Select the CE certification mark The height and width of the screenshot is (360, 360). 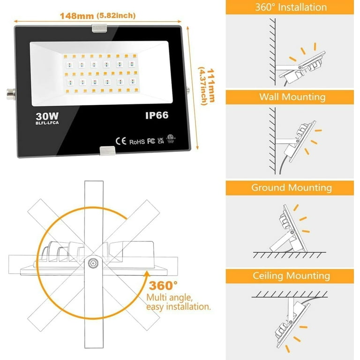[x=120, y=141]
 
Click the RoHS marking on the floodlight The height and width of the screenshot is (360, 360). [x=136, y=141]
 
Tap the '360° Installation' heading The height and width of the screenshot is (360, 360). [x=291, y=7]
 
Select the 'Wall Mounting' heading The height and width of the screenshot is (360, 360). [x=292, y=97]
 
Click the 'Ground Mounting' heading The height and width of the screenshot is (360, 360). [x=292, y=187]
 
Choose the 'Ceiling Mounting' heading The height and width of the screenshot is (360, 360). [x=292, y=276]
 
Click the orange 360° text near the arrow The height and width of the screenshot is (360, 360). [x=163, y=286]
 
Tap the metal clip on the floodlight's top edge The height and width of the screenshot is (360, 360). [x=100, y=29]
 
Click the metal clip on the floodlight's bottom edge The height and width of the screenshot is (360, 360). [x=108, y=151]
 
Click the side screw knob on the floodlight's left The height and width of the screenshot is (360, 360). [x=10, y=90]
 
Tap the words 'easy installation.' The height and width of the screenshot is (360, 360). [x=179, y=307]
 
